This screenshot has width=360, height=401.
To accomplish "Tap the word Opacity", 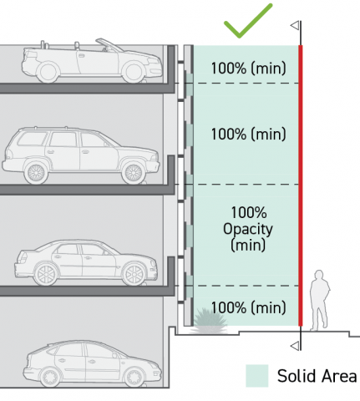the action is tap(248, 230).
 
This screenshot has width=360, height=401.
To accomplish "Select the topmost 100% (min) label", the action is tap(248, 68).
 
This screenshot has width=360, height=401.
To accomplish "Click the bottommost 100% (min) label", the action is tap(248, 307).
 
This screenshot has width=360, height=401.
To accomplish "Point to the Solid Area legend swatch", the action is tap(256, 376).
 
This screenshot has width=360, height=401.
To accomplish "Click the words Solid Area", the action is tap(317, 376).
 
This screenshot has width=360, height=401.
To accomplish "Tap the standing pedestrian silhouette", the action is tap(320, 301).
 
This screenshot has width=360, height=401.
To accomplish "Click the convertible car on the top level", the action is tap(92, 61).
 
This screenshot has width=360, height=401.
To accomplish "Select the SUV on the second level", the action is tap(81, 155).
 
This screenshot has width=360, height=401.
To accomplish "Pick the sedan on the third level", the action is tap(86, 262).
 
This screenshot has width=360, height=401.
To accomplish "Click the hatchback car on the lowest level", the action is tap(93, 363).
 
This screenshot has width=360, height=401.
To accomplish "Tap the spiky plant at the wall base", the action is tap(209, 321).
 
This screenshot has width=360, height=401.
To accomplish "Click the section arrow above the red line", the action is tap(295, 26).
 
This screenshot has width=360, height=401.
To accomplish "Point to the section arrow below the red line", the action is tap(295, 346).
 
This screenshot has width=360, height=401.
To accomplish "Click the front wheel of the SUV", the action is tap(134, 173).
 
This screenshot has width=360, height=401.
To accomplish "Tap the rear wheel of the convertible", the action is tap(48, 73).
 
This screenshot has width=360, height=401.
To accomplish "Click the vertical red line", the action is tap(301, 185).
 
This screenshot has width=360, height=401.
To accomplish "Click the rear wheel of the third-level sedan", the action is tap(46, 274).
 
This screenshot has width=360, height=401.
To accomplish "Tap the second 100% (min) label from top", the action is tap(248, 134).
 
